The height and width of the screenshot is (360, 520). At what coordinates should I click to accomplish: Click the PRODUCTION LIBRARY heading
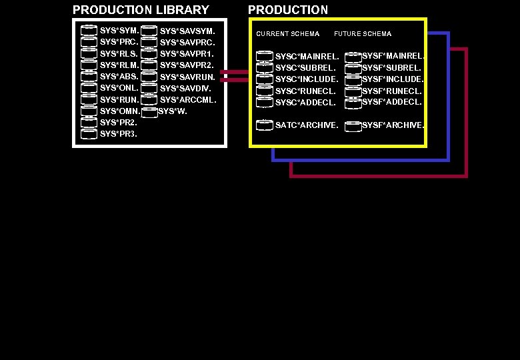coord(141,10)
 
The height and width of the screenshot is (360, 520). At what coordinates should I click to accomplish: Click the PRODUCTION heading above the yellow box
coord(288,10)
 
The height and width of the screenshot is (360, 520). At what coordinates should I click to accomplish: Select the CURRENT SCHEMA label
coord(288,34)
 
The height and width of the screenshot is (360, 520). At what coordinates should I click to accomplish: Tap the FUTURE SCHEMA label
coord(363,34)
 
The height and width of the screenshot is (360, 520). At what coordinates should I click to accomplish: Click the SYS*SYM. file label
coord(119,31)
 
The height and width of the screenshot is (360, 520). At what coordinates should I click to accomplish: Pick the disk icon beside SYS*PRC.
coord(89,42)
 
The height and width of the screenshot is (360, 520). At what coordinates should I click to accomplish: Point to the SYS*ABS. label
coord(119,77)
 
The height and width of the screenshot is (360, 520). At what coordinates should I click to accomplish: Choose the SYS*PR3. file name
coord(119,134)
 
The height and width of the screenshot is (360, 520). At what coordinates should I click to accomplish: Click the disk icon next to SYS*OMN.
coord(89,111)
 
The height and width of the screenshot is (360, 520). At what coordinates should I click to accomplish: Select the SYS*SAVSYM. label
coord(187,31)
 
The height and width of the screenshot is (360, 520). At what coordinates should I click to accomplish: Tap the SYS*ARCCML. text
coord(188,100)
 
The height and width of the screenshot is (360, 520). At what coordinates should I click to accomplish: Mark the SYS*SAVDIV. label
coord(186,89)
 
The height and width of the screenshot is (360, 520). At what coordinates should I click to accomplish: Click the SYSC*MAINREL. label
coord(307,57)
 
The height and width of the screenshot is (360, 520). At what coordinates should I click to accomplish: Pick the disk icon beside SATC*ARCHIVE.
coord(265,125)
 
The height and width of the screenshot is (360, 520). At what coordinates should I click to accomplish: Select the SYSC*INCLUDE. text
coord(307,79)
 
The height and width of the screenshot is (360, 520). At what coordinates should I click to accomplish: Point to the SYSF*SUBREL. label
coord(392,67)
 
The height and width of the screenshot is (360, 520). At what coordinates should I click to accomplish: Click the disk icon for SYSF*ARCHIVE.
coord(353,125)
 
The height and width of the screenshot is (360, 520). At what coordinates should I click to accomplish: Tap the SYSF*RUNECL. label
coord(392,91)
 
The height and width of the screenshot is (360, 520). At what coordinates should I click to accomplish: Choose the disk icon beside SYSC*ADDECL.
coord(265,102)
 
